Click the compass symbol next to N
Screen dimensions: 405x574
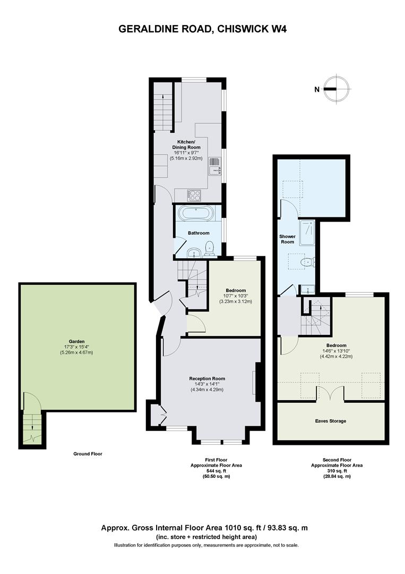pyautogui.click(x=337, y=89)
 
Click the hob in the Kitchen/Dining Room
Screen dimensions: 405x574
pyautogui.click(x=194, y=195)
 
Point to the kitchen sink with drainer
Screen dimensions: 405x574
pyautogui.click(x=215, y=167)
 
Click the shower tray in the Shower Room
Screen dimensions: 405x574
pyautogui.click(x=307, y=232)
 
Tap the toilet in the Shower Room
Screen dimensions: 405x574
pyautogui.click(x=307, y=261)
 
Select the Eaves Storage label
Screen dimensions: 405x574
pyautogui.click(x=331, y=421)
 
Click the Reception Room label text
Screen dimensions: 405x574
pyautogui.click(x=207, y=378)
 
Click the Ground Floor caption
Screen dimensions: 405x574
pyautogui.click(x=88, y=454)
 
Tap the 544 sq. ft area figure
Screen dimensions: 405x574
pyautogui.click(x=216, y=471)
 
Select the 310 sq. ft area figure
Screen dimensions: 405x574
pyautogui.click(x=337, y=471)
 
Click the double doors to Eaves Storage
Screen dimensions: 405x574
pyautogui.click(x=331, y=393)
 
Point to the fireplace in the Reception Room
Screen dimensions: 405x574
pyautogui.click(x=257, y=383)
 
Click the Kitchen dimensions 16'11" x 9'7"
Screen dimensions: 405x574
pyautogui.click(x=187, y=153)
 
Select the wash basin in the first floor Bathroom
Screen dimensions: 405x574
pyautogui.click(x=193, y=252)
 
